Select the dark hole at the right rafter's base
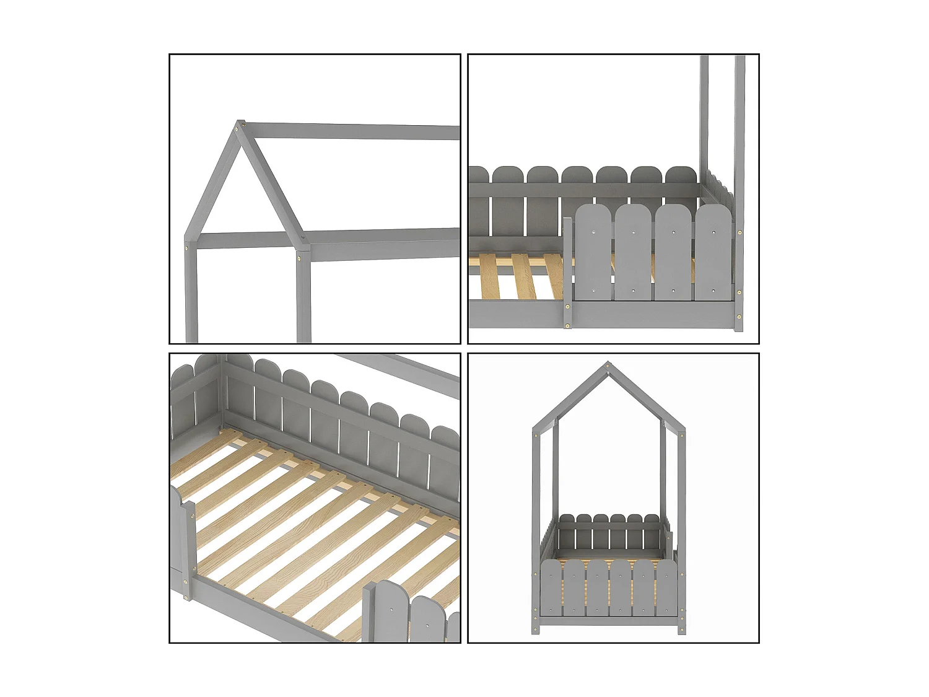pyautogui.click(x=303, y=235)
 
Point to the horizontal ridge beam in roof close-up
pyautogui.click(x=353, y=131)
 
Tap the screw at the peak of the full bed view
pyautogui.click(x=608, y=367)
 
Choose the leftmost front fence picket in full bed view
pyautogui.click(x=551, y=589)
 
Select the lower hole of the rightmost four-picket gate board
pyautogui.click(x=713, y=290)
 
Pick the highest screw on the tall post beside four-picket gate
pyautogui.click(x=739, y=232)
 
